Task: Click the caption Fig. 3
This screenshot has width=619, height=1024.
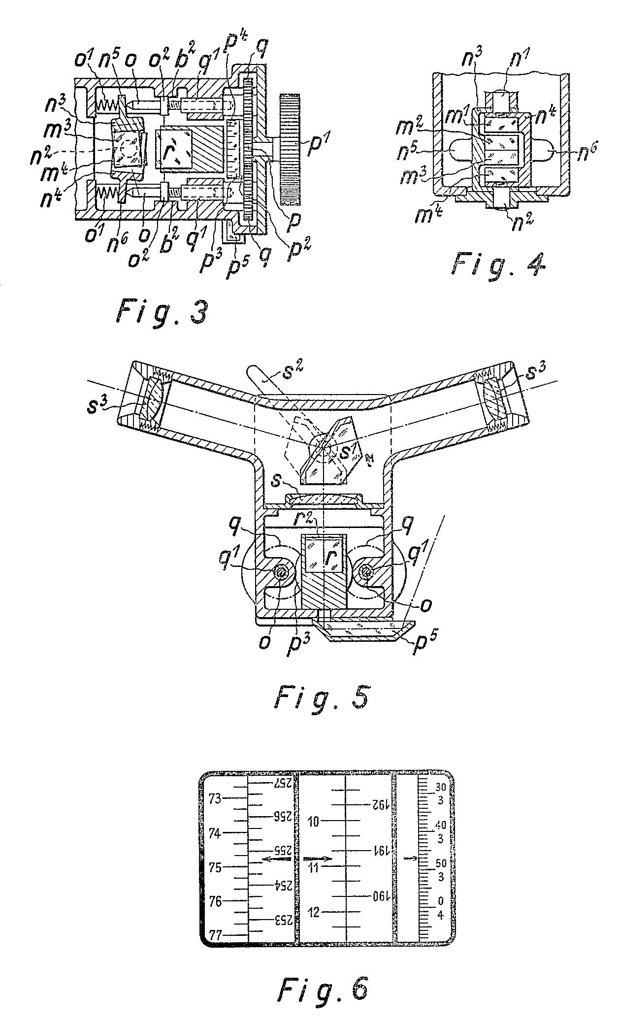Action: click(x=162, y=313)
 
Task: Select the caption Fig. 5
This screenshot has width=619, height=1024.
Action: click(x=321, y=705)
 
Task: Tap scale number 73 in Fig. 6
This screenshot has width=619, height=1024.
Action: click(x=215, y=798)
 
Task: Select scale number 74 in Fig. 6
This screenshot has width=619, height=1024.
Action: click(x=215, y=833)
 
